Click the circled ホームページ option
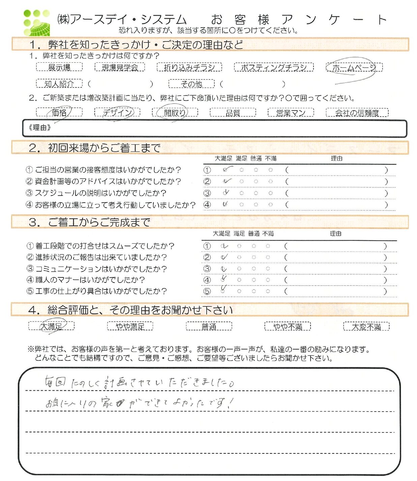click(x=354, y=68)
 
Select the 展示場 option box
click(x=59, y=67)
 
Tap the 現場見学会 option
click(x=120, y=67)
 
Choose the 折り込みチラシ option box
click(x=189, y=67)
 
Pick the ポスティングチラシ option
click(x=274, y=67)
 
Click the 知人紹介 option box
click(x=59, y=84)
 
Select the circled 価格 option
click(x=59, y=112)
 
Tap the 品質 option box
click(x=233, y=113)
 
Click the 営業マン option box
click(x=291, y=113)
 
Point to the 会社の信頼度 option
click(x=357, y=113)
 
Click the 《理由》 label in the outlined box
click(x=40, y=128)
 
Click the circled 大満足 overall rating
click(x=51, y=326)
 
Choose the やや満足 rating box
click(x=130, y=326)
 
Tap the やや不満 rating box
click(x=287, y=326)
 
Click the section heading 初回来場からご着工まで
click(x=104, y=148)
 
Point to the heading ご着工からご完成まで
click(x=99, y=222)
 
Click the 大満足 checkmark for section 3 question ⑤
click(x=223, y=289)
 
